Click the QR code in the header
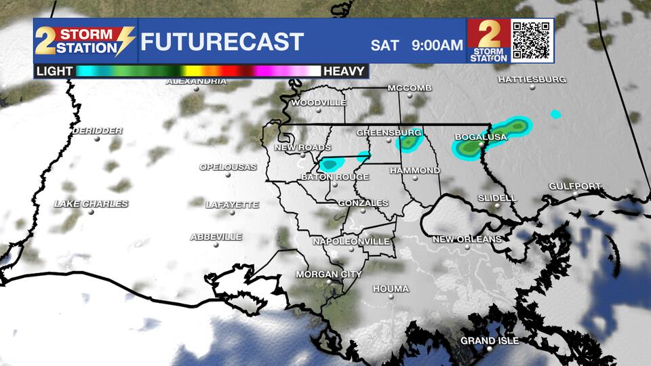tap(532, 40)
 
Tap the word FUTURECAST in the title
tap(222, 42)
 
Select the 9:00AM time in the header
tap(437, 45)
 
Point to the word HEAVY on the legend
tap(345, 70)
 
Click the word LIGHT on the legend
tap(55, 70)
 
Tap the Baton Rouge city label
tap(335, 178)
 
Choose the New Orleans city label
tap(467, 239)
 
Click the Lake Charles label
tap(91, 204)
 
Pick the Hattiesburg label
tap(532, 79)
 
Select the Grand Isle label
tap(490, 340)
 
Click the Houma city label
tap(391, 289)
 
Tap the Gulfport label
tap(574, 186)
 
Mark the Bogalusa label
tap(480, 138)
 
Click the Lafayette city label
tap(232, 205)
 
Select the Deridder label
tap(97, 131)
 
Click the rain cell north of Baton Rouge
tap(331, 163)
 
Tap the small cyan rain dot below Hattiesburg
tap(556, 114)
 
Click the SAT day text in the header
tap(384, 45)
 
